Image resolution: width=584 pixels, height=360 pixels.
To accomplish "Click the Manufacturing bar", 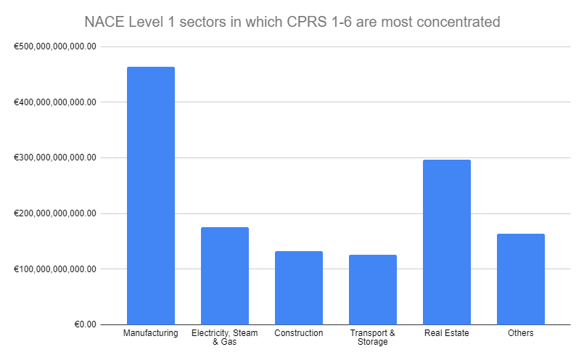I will click(x=150, y=196).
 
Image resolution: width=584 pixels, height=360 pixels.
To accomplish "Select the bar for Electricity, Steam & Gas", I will click(x=224, y=276).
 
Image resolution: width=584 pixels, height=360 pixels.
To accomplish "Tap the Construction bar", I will click(x=298, y=287).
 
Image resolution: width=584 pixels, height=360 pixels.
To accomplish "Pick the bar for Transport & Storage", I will click(x=372, y=290).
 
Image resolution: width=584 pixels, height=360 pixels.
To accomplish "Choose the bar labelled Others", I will click(x=520, y=279).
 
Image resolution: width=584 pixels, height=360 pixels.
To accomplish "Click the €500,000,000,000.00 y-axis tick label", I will click(x=55, y=46).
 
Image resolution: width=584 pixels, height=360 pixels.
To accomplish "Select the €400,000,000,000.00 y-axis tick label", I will click(x=55, y=102).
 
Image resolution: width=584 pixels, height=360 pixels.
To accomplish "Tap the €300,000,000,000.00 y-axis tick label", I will click(x=55, y=157).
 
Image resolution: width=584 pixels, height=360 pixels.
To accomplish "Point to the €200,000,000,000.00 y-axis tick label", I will click(x=55, y=213).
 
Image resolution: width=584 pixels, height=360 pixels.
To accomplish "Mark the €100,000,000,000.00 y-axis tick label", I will click(x=55, y=269).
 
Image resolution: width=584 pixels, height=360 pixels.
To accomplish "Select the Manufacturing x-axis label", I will click(x=150, y=333).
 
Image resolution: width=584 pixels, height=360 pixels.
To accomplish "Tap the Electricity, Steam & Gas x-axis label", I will click(x=224, y=337).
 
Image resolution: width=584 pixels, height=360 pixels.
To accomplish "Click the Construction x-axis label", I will click(x=298, y=333).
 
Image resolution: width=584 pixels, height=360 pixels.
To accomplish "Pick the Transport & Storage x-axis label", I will click(x=372, y=337).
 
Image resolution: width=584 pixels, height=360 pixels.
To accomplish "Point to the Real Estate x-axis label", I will click(x=446, y=333).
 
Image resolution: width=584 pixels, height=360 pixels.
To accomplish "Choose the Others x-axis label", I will click(x=520, y=333).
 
